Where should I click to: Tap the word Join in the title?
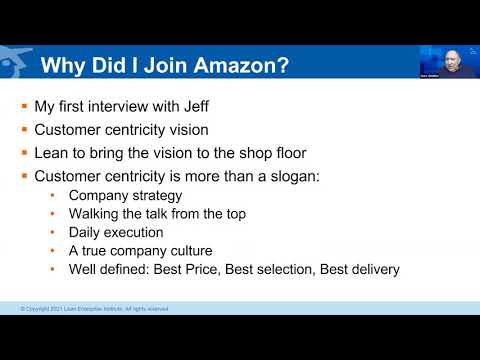point(159,67)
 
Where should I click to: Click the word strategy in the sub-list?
point(156,196)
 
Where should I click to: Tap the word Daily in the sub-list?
point(86,233)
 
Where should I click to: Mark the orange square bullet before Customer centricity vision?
point(24,131)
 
